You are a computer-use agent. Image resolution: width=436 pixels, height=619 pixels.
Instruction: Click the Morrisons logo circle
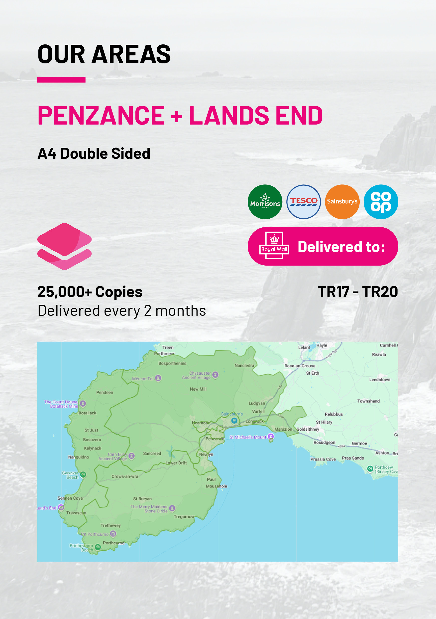click(x=265, y=202)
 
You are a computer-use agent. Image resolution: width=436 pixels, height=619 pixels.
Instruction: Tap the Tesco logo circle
click(x=303, y=202)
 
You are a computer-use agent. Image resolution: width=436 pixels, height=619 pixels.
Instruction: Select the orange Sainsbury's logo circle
click(x=342, y=202)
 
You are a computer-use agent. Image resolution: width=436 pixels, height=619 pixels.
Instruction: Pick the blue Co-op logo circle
click(x=381, y=202)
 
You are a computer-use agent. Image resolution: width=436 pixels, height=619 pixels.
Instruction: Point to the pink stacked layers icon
click(x=64, y=246)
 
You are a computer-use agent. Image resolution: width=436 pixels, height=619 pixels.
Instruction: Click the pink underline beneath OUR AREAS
click(x=61, y=80)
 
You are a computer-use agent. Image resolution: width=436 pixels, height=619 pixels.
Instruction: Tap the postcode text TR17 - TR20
click(x=358, y=292)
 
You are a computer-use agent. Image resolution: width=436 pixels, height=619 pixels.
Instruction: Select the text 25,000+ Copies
click(x=90, y=292)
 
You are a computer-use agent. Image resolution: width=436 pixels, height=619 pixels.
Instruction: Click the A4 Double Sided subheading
click(x=94, y=154)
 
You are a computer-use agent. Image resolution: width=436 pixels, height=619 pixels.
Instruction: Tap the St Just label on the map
click(x=91, y=430)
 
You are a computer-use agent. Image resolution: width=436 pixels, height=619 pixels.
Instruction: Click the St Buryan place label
click(x=142, y=498)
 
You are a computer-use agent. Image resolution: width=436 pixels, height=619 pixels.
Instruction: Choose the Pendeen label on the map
click(x=105, y=392)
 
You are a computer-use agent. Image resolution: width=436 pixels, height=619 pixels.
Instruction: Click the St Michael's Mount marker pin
click(x=271, y=437)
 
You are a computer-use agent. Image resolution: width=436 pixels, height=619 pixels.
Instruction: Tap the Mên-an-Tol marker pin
click(x=158, y=378)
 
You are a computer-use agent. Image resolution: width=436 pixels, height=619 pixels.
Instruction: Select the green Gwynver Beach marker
click(x=83, y=474)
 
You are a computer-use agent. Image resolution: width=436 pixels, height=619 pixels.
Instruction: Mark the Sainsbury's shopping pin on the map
click(x=234, y=420)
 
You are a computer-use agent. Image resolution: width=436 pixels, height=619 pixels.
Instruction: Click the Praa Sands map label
click(x=353, y=458)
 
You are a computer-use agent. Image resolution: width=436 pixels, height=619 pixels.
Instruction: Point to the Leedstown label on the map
click(x=379, y=379)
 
